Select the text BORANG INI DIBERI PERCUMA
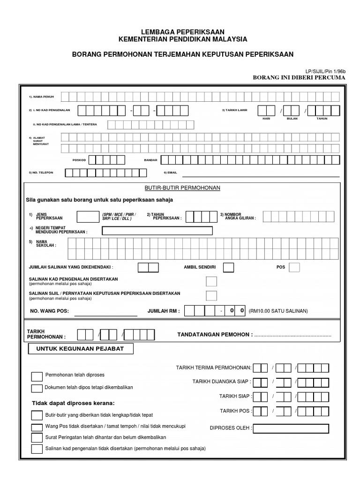299,77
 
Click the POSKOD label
79,160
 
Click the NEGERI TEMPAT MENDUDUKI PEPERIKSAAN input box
157,231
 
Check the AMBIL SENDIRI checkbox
229,267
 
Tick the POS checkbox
294,267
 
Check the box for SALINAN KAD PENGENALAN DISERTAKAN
212,281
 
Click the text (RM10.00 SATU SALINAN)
278,311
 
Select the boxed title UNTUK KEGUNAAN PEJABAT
81,349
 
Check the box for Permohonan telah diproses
37,376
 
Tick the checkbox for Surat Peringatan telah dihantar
37,437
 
